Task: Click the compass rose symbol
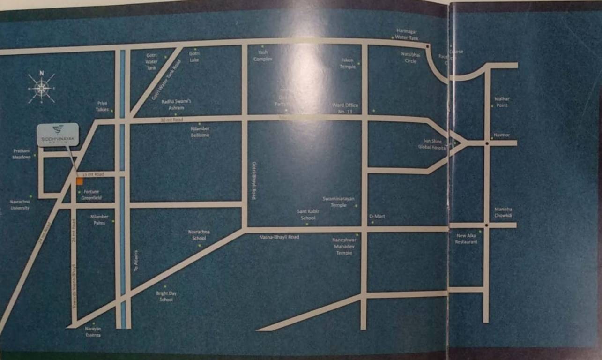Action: [x=41, y=88]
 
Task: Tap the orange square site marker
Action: [x=80, y=181]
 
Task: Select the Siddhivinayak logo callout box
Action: [x=58, y=135]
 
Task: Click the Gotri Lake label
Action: [x=194, y=56]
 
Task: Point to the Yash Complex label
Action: [x=263, y=56]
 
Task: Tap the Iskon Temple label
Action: [x=348, y=63]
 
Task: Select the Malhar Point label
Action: [x=502, y=102]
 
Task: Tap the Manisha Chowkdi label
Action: [x=503, y=212]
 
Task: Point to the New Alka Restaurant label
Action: [x=467, y=239]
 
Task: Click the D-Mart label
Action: [x=377, y=216]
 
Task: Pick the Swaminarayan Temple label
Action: [x=338, y=202]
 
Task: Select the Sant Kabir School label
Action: [x=308, y=215]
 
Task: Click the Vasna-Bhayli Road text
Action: [x=279, y=237]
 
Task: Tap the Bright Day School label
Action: [x=166, y=296]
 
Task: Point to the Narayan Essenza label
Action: [x=93, y=332]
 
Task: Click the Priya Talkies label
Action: [x=102, y=105]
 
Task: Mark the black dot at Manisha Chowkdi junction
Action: [x=487, y=225]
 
